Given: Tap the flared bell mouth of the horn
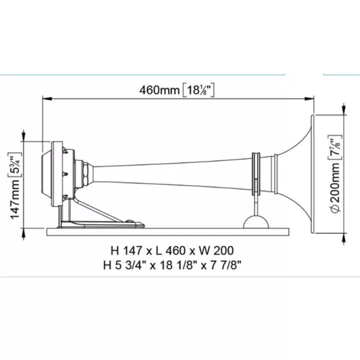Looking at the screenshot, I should (x=302, y=174).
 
